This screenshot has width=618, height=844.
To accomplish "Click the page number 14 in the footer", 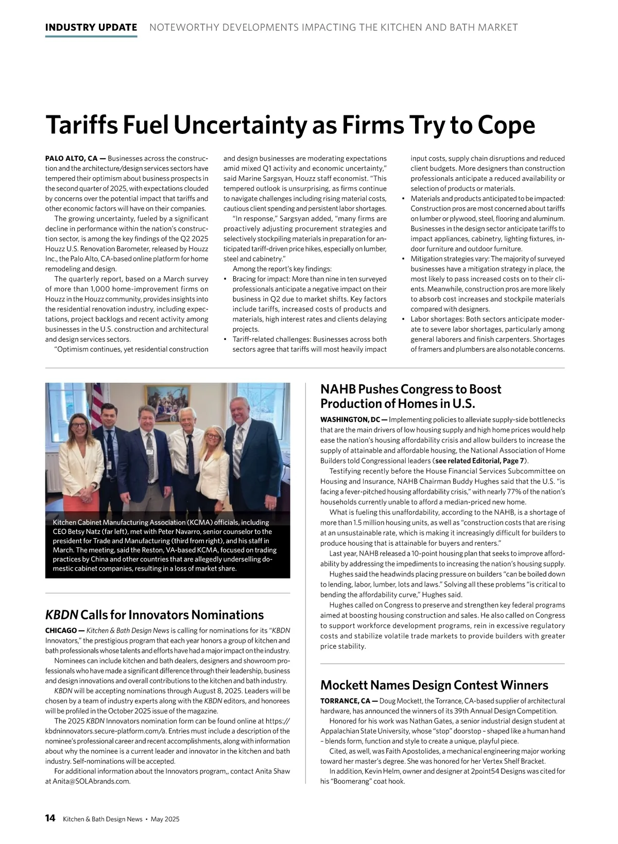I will pyautogui.click(x=50, y=818).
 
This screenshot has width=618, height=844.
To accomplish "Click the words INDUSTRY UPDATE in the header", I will pyautogui.click(x=91, y=27).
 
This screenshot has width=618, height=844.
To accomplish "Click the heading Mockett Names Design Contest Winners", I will pyautogui.click(x=434, y=685).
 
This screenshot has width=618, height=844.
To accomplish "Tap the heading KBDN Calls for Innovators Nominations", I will pyautogui.click(x=154, y=615).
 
